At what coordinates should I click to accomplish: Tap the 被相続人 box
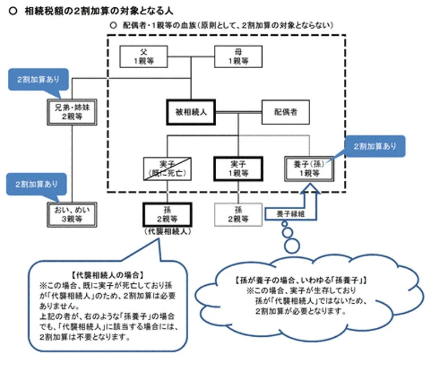pyautogui.click(x=192, y=112)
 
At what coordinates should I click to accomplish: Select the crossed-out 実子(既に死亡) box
pyautogui.click(x=167, y=167)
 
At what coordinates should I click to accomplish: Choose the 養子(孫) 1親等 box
pyautogui.click(x=309, y=167)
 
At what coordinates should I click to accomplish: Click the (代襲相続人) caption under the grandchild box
pyautogui.click(x=167, y=232)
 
